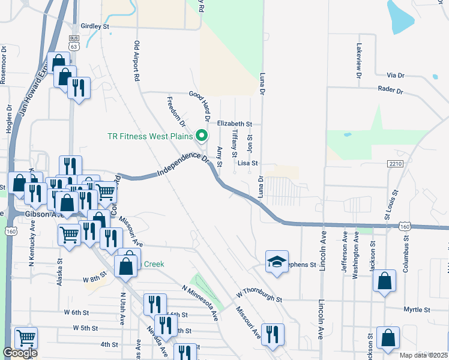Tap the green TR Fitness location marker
pos(202,136)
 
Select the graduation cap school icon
pos(277,262)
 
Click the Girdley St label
pos(95,27)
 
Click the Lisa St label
pos(247,163)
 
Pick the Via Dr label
pos(396,76)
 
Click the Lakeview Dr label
pos(359,61)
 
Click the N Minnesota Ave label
pos(200,302)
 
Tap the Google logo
pos(20,353)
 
